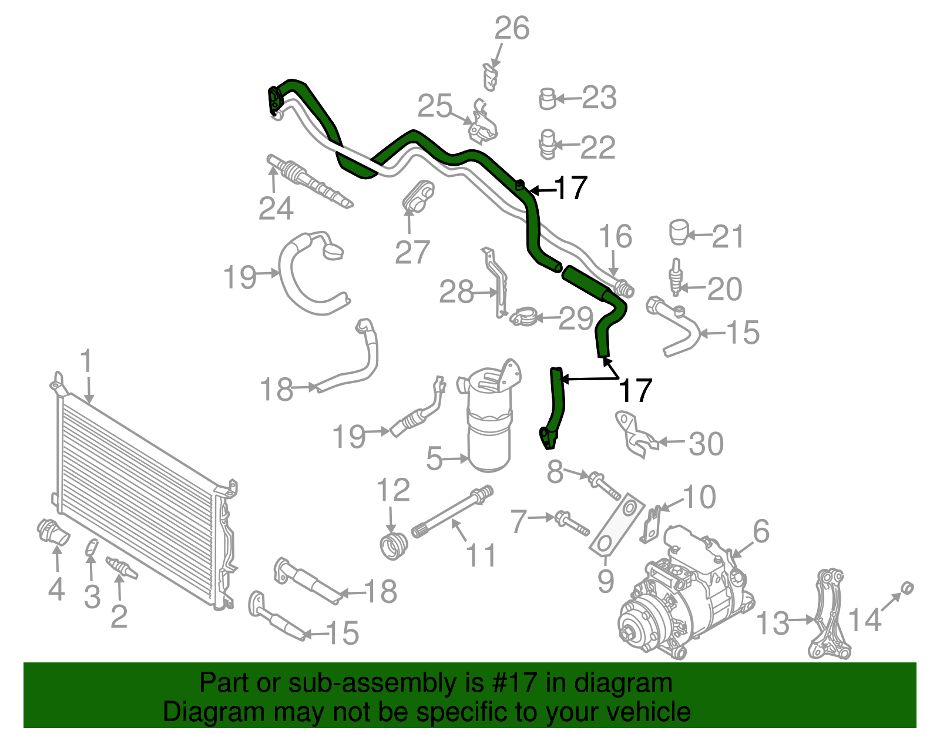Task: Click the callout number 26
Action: coord(512,28)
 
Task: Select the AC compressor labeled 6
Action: coord(684,594)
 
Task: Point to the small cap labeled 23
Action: coord(547,99)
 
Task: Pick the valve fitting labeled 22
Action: coord(546,144)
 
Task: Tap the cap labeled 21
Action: coord(679,232)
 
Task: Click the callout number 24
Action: coord(276,209)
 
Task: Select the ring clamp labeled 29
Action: coord(523,318)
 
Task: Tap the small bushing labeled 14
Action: coord(907,586)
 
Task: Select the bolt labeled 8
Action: coord(603,484)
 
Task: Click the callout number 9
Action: coord(606,581)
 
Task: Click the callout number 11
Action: coord(481,555)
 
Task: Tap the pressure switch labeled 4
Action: coord(52,531)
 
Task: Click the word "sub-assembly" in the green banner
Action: coord(370,683)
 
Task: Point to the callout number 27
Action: coord(412,253)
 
